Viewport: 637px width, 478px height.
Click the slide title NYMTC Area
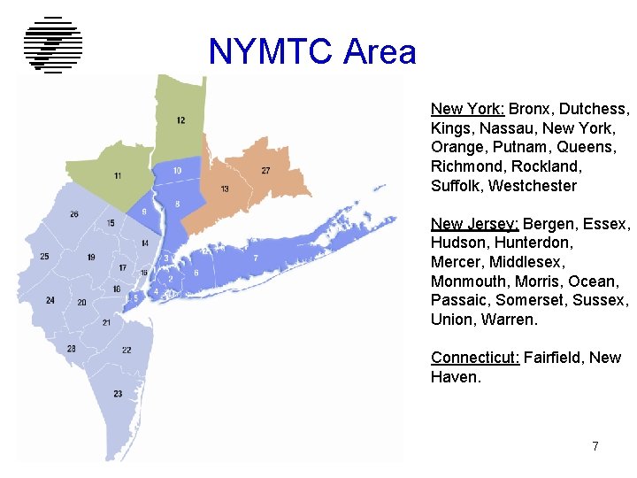point(312,52)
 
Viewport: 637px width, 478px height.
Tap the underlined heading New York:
point(467,109)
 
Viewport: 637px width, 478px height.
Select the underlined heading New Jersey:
point(474,223)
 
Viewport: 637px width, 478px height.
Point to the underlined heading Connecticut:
point(475,358)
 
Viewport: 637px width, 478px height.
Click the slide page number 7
point(595,446)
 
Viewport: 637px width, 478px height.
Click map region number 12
point(180,120)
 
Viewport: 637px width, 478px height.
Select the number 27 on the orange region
point(265,170)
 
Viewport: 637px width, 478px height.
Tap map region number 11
point(118,176)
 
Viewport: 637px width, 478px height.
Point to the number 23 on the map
point(118,393)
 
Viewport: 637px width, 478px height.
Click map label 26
point(74,214)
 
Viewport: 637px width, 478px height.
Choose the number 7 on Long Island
point(256,258)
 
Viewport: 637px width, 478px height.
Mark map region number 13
point(225,189)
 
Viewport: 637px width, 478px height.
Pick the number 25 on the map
point(44,257)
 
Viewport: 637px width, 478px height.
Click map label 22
point(127,351)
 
